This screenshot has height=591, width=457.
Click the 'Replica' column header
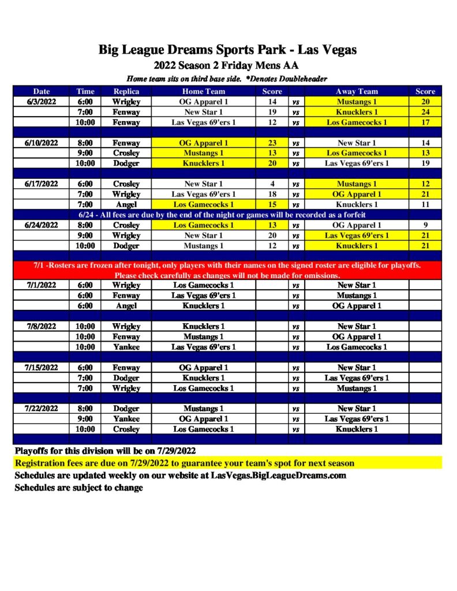pyautogui.click(x=126, y=91)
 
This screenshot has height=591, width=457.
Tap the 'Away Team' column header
pyautogui.click(x=357, y=91)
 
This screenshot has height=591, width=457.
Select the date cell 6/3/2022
pyautogui.click(x=42, y=102)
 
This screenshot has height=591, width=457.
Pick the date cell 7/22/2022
pyautogui.click(x=42, y=409)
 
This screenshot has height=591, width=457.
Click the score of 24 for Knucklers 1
pyautogui.click(x=425, y=112)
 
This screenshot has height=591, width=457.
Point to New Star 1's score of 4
pyautogui.click(x=272, y=184)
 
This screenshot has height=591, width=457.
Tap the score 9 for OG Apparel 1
pyautogui.click(x=425, y=225)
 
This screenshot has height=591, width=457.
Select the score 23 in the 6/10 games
pyautogui.click(x=272, y=143)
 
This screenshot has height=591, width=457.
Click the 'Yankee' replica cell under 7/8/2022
pyautogui.click(x=126, y=347)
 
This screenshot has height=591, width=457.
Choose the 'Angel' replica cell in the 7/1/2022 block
pyautogui.click(x=126, y=306)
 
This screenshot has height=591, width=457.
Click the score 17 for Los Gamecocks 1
pyautogui.click(x=425, y=122)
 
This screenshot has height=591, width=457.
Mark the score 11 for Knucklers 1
pyautogui.click(x=425, y=204)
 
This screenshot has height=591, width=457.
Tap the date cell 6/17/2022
pyautogui.click(x=42, y=184)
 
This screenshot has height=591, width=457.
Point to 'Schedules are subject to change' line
pyautogui.click(x=79, y=488)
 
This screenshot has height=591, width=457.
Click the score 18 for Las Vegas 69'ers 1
pyautogui.click(x=272, y=194)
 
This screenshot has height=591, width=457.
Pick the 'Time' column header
pyautogui.click(x=85, y=91)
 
